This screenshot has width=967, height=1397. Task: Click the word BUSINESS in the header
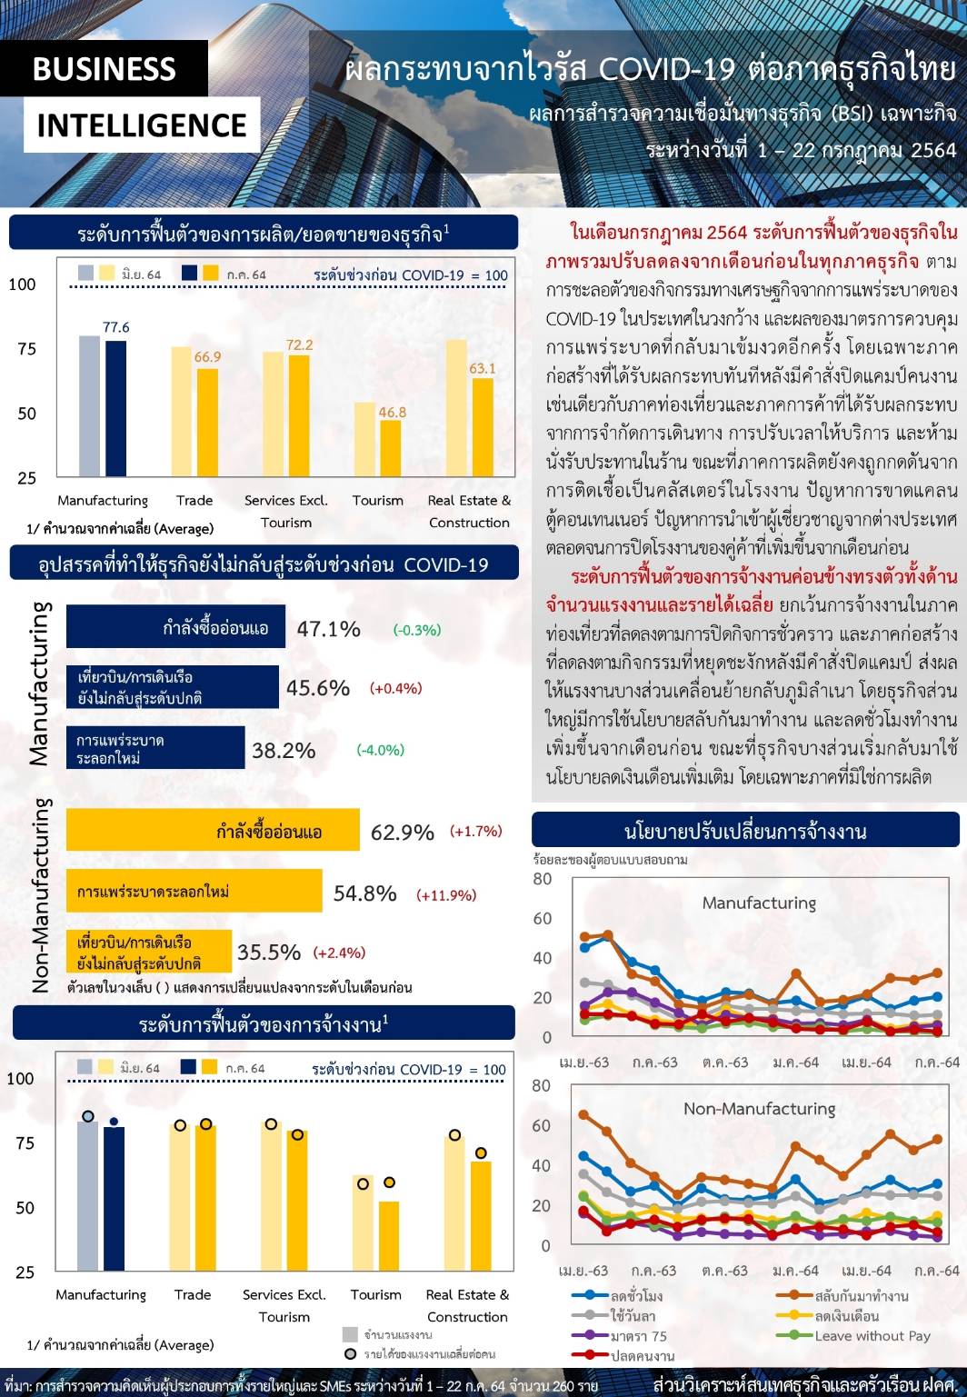(104, 69)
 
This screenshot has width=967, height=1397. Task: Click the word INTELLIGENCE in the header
(142, 125)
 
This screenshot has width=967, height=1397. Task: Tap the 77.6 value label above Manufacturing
(116, 327)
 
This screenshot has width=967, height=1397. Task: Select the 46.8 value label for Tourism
(392, 412)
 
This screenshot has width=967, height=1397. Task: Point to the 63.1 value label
(483, 368)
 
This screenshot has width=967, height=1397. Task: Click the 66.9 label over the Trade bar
(207, 357)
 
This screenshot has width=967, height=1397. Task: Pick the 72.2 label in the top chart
(299, 344)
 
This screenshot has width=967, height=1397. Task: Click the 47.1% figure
(328, 629)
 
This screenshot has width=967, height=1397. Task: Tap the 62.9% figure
(403, 833)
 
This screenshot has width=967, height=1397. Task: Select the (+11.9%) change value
(446, 895)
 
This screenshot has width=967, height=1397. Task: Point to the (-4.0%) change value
(380, 750)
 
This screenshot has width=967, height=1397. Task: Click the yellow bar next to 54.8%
(194, 892)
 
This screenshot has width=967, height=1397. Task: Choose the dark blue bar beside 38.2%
(155, 748)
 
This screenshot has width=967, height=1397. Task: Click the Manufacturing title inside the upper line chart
(759, 903)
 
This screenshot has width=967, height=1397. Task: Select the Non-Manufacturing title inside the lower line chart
(759, 1109)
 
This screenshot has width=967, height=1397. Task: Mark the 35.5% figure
(269, 952)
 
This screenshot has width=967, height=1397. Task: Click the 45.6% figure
(318, 688)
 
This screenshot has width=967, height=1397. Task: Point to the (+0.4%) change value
(396, 688)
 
